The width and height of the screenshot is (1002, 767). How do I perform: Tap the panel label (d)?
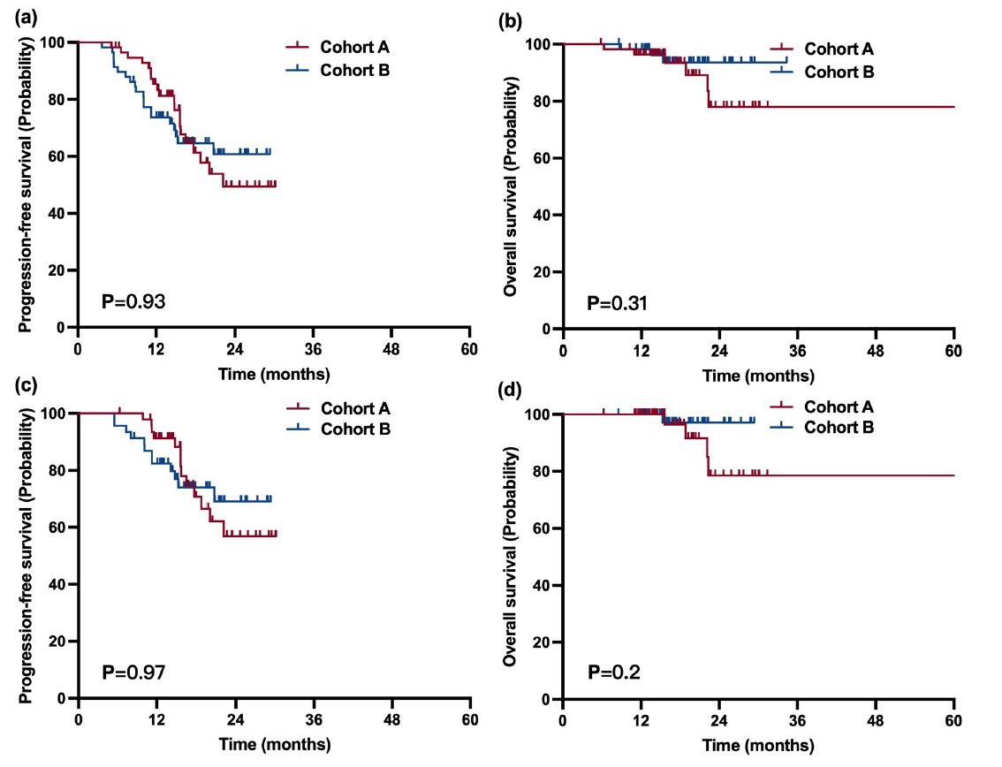pyautogui.click(x=510, y=389)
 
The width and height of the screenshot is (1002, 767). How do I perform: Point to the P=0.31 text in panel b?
pyautogui.click(x=619, y=305)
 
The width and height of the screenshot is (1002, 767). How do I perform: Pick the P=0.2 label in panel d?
pyautogui.click(x=614, y=674)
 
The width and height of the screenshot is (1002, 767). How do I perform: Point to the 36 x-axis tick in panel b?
pyautogui.click(x=798, y=347)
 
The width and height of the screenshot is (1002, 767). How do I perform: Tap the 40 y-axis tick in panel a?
pyautogui.click(x=61, y=214)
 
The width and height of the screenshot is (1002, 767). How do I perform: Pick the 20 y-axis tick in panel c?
pyautogui.click(x=61, y=642)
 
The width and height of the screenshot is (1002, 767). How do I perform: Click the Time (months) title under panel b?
pyautogui.click(x=758, y=376)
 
